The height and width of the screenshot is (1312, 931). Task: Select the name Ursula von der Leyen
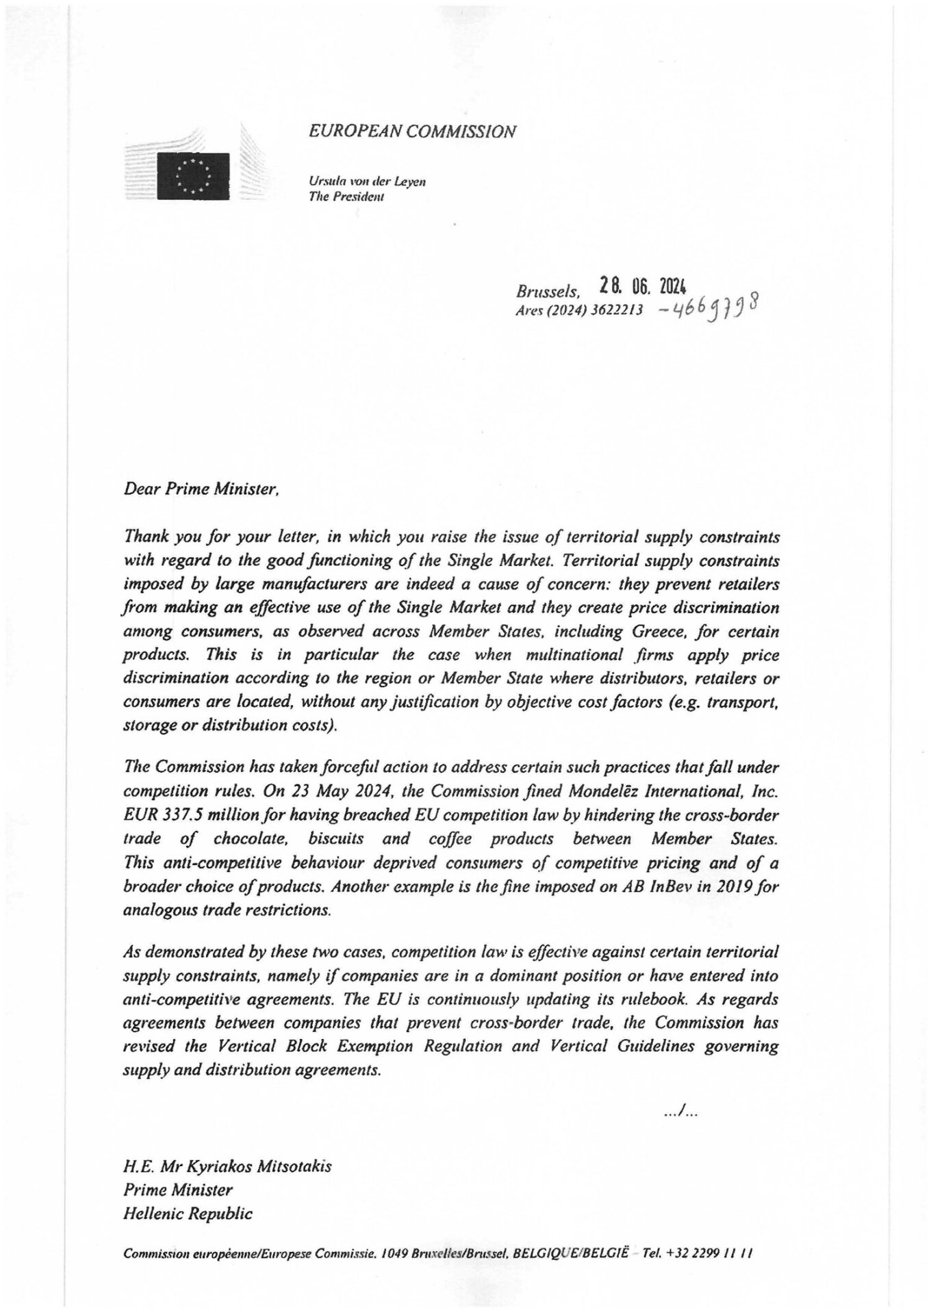tap(368, 182)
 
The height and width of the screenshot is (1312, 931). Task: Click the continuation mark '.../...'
tap(680, 1114)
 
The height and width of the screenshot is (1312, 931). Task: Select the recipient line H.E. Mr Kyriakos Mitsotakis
tap(227, 1166)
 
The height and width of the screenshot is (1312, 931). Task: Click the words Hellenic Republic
tap(188, 1214)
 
